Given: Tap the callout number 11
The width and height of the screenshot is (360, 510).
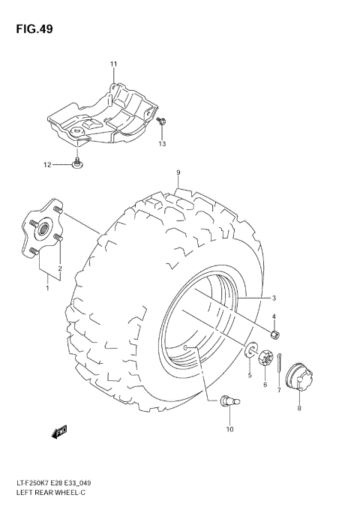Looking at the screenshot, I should (x=114, y=64).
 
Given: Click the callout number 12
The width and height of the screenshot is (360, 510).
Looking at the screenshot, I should (x=46, y=164).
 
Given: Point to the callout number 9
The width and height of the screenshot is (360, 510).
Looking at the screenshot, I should (x=178, y=173).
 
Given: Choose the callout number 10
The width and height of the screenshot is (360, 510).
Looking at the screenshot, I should (x=229, y=429).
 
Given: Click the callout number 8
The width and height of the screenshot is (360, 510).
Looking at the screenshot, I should (x=298, y=409).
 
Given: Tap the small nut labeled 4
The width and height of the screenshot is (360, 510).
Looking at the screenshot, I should (x=275, y=334).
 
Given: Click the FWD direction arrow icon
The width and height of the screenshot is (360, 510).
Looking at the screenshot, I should (x=59, y=431).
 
